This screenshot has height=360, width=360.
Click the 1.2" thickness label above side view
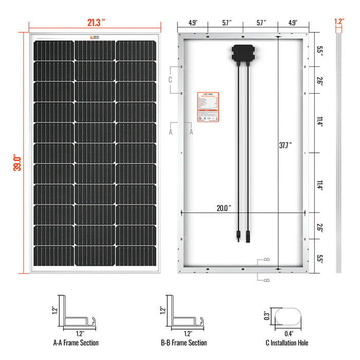click(x=338, y=22)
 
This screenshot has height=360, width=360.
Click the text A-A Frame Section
click(x=76, y=343)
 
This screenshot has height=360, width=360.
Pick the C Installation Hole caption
click(x=285, y=343)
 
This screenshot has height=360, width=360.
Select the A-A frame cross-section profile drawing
click(x=77, y=315)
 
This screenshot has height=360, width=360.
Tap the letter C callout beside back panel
click(x=170, y=80)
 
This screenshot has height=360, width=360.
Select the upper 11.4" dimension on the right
click(x=320, y=123)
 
